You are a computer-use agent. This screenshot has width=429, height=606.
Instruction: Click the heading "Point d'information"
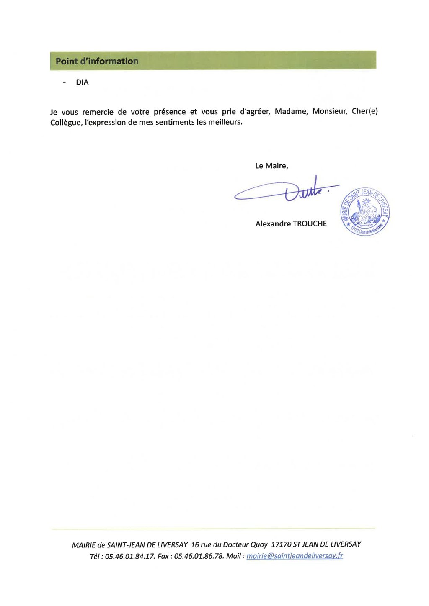pos(97,61)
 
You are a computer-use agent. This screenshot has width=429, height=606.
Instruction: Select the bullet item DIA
pos(82,82)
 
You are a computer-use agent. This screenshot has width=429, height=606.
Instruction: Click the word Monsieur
pos(330,112)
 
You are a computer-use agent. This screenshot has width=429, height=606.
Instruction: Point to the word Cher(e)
pos(364,112)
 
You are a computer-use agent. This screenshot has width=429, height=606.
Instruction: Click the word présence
pos(170,112)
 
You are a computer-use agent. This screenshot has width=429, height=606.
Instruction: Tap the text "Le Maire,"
pos(271,166)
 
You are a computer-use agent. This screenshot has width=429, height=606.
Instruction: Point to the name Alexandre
pos(273,224)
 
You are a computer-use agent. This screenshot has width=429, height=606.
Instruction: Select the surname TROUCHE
pos(310,224)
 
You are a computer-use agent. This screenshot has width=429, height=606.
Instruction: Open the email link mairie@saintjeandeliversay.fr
pos(295,556)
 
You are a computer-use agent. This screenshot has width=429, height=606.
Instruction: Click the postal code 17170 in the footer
pos(281,544)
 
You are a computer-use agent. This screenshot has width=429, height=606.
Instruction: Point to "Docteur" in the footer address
pos(236,544)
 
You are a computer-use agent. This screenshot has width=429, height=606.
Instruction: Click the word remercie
pos(98,112)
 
